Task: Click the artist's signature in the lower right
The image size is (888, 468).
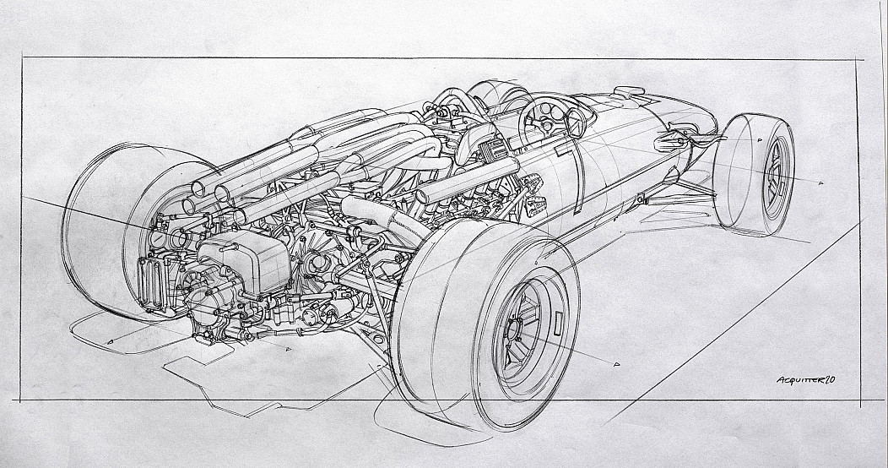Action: point(806,380)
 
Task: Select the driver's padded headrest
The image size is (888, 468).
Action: point(474,139)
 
